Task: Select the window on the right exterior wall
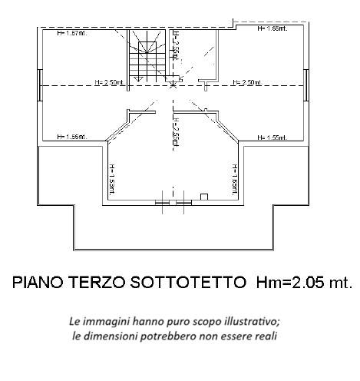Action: pos(307,84)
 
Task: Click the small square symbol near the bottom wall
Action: pos(203,197)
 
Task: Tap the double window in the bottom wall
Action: pos(173,203)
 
